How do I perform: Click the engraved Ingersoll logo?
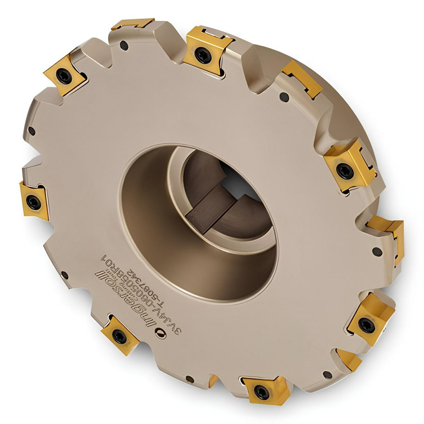129,299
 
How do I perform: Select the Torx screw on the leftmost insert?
33,202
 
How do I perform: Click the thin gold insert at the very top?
132,24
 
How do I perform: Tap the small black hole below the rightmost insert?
377,251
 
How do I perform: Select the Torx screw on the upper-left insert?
64,76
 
